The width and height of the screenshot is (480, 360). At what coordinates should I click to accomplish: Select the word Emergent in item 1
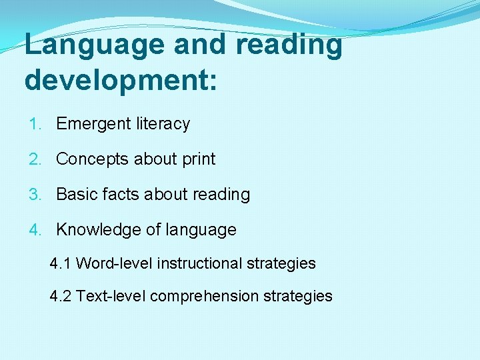pos(93,124)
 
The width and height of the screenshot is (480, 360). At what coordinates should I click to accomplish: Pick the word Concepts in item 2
pos(93,159)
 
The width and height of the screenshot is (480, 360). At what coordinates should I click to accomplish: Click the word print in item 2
pos(199,159)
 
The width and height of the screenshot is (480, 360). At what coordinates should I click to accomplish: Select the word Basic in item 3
pos(76,195)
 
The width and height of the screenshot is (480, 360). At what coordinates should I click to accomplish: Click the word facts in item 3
pos(119,195)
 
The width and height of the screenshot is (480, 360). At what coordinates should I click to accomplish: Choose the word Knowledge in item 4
pos(98,230)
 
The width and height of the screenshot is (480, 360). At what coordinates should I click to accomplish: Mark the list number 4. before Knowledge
pos(35,230)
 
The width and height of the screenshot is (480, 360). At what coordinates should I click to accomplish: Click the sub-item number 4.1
pos(61,263)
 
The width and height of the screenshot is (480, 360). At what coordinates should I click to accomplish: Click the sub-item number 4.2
pos(61,296)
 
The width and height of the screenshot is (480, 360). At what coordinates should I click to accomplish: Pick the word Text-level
pos(111,296)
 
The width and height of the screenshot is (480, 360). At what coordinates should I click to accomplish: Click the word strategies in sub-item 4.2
pos(299,296)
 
